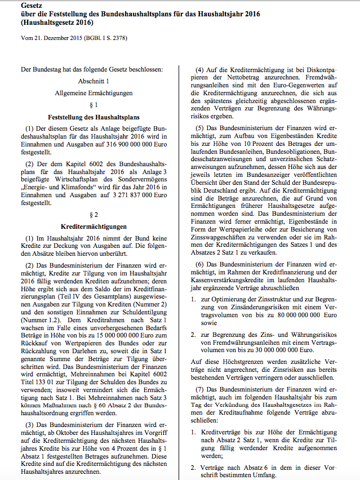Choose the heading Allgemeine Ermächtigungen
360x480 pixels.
coord(94,92)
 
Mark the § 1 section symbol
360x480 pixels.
coord(94,105)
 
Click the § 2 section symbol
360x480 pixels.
coord(94,215)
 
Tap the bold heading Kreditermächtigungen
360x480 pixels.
coord(94,226)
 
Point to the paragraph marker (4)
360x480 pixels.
coord(198,68)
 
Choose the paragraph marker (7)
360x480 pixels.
coord(198,389)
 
